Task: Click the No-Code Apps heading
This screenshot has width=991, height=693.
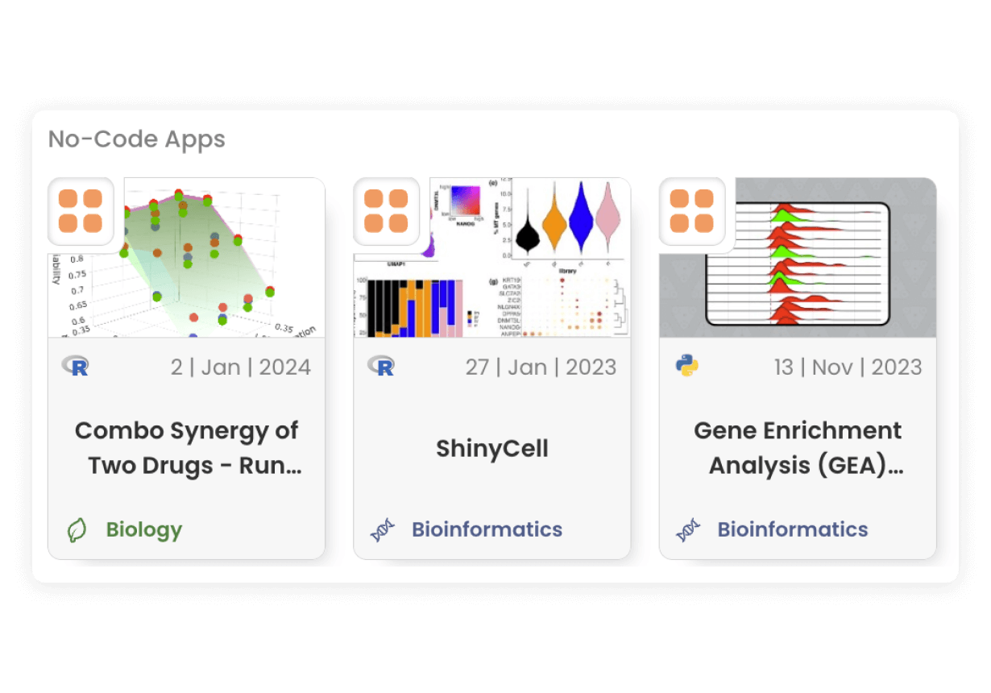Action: (137, 139)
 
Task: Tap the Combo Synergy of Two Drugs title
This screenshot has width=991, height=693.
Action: (187, 448)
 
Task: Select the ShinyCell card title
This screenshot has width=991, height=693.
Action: (491, 448)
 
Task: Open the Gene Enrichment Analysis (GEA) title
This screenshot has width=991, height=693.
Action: (798, 448)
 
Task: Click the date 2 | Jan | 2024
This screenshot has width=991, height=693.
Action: (240, 367)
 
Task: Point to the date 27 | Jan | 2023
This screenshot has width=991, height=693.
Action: (540, 367)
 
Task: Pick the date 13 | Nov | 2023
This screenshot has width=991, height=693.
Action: (848, 367)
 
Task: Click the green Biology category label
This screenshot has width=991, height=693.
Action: (144, 529)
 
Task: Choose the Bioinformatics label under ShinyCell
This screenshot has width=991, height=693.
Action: (487, 529)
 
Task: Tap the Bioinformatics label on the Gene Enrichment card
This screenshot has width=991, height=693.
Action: (793, 529)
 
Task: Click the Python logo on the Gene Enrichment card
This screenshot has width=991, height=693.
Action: (687, 367)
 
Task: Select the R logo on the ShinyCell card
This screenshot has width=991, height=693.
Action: (382, 367)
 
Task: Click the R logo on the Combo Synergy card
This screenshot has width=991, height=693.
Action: (76, 367)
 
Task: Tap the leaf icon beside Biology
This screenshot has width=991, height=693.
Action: (76, 529)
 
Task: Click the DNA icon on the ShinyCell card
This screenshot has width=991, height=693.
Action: (382, 529)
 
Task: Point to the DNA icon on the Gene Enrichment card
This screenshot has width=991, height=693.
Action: (687, 529)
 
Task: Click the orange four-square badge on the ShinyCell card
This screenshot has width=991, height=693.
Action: (386, 210)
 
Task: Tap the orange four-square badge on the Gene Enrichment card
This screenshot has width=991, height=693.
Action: (692, 210)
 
